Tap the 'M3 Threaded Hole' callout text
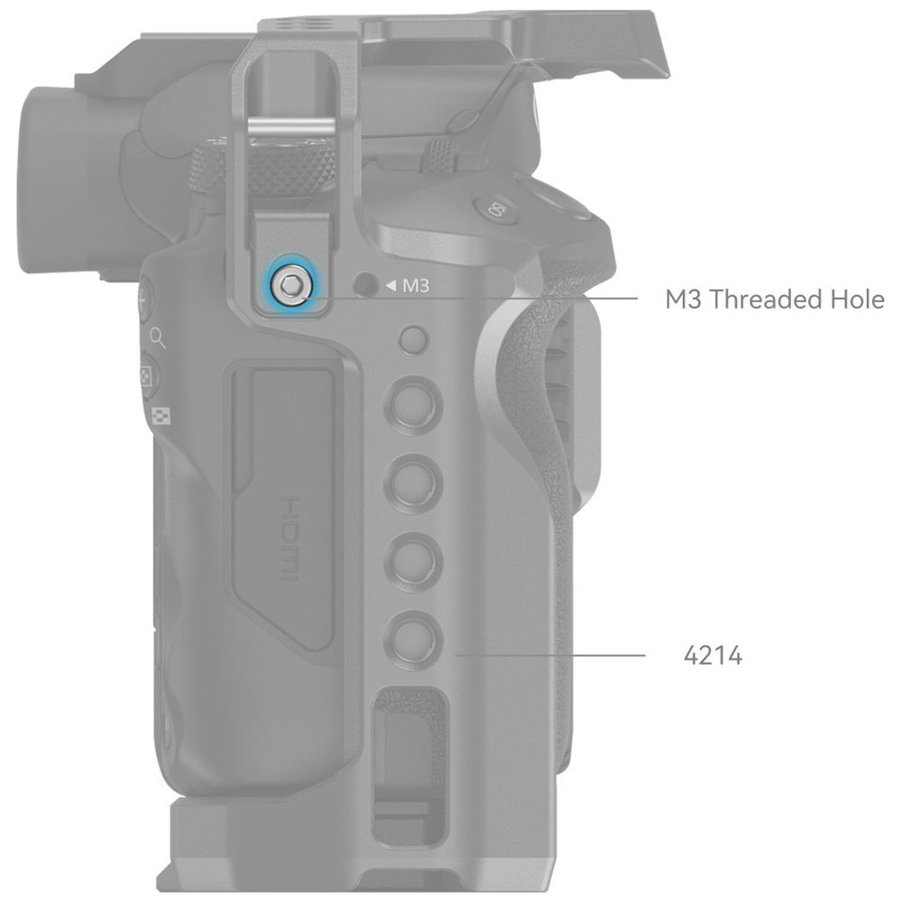(x=774, y=299)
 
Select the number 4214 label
(x=713, y=655)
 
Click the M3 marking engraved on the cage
(x=415, y=285)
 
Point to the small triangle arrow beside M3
(x=391, y=285)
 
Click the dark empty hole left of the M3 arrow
(x=364, y=284)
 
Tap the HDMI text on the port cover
(x=291, y=539)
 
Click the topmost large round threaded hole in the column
(x=413, y=403)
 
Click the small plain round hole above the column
(x=414, y=340)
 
